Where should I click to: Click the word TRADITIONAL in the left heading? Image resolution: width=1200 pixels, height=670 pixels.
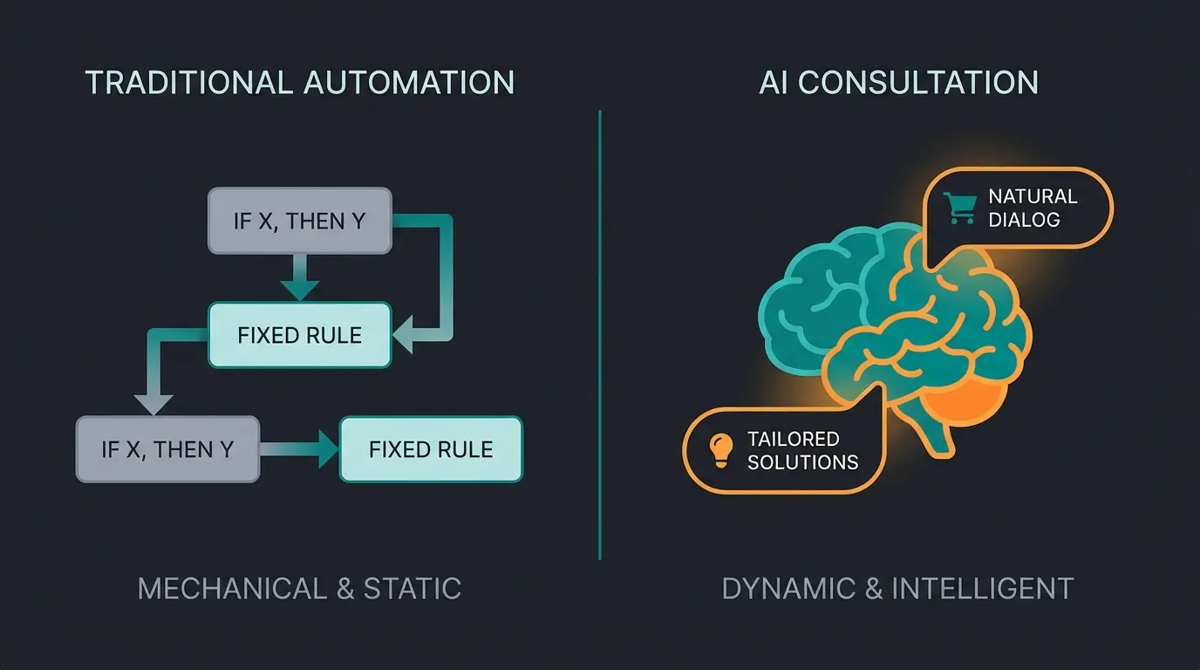[188, 82]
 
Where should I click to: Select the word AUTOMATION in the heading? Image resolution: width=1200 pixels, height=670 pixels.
[409, 82]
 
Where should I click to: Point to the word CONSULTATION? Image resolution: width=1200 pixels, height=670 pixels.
[917, 82]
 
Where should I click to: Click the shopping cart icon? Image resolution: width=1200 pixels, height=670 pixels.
[960, 208]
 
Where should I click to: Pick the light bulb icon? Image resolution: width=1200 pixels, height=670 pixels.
[720, 449]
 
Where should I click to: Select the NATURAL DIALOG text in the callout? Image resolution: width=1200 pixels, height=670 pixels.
[1033, 208]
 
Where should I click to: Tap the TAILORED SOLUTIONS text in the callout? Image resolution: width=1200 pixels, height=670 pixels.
[802, 450]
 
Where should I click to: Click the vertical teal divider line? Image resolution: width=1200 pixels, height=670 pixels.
[600, 349]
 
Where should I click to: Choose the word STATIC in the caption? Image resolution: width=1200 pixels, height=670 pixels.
[412, 589]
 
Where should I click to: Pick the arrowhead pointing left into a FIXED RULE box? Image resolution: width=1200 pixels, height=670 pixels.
[404, 334]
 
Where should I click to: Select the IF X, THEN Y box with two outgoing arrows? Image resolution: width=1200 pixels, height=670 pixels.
[299, 221]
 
